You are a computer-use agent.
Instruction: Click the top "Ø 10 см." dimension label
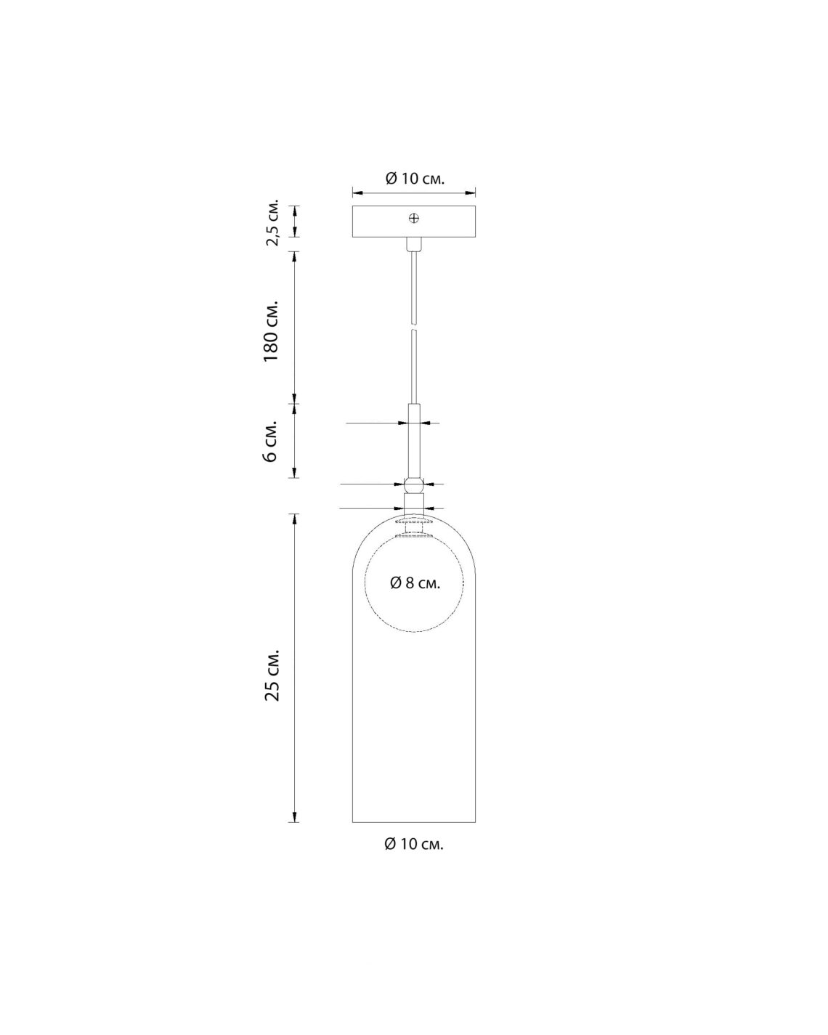[414, 179]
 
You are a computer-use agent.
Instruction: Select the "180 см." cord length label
[272, 331]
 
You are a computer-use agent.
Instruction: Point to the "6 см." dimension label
[272, 441]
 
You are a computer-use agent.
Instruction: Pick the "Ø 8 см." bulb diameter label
[415, 583]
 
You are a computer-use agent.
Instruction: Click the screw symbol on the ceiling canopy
[414, 219]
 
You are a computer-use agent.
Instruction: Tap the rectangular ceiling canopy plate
[414, 222]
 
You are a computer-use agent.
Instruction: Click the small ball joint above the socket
[414, 484]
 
